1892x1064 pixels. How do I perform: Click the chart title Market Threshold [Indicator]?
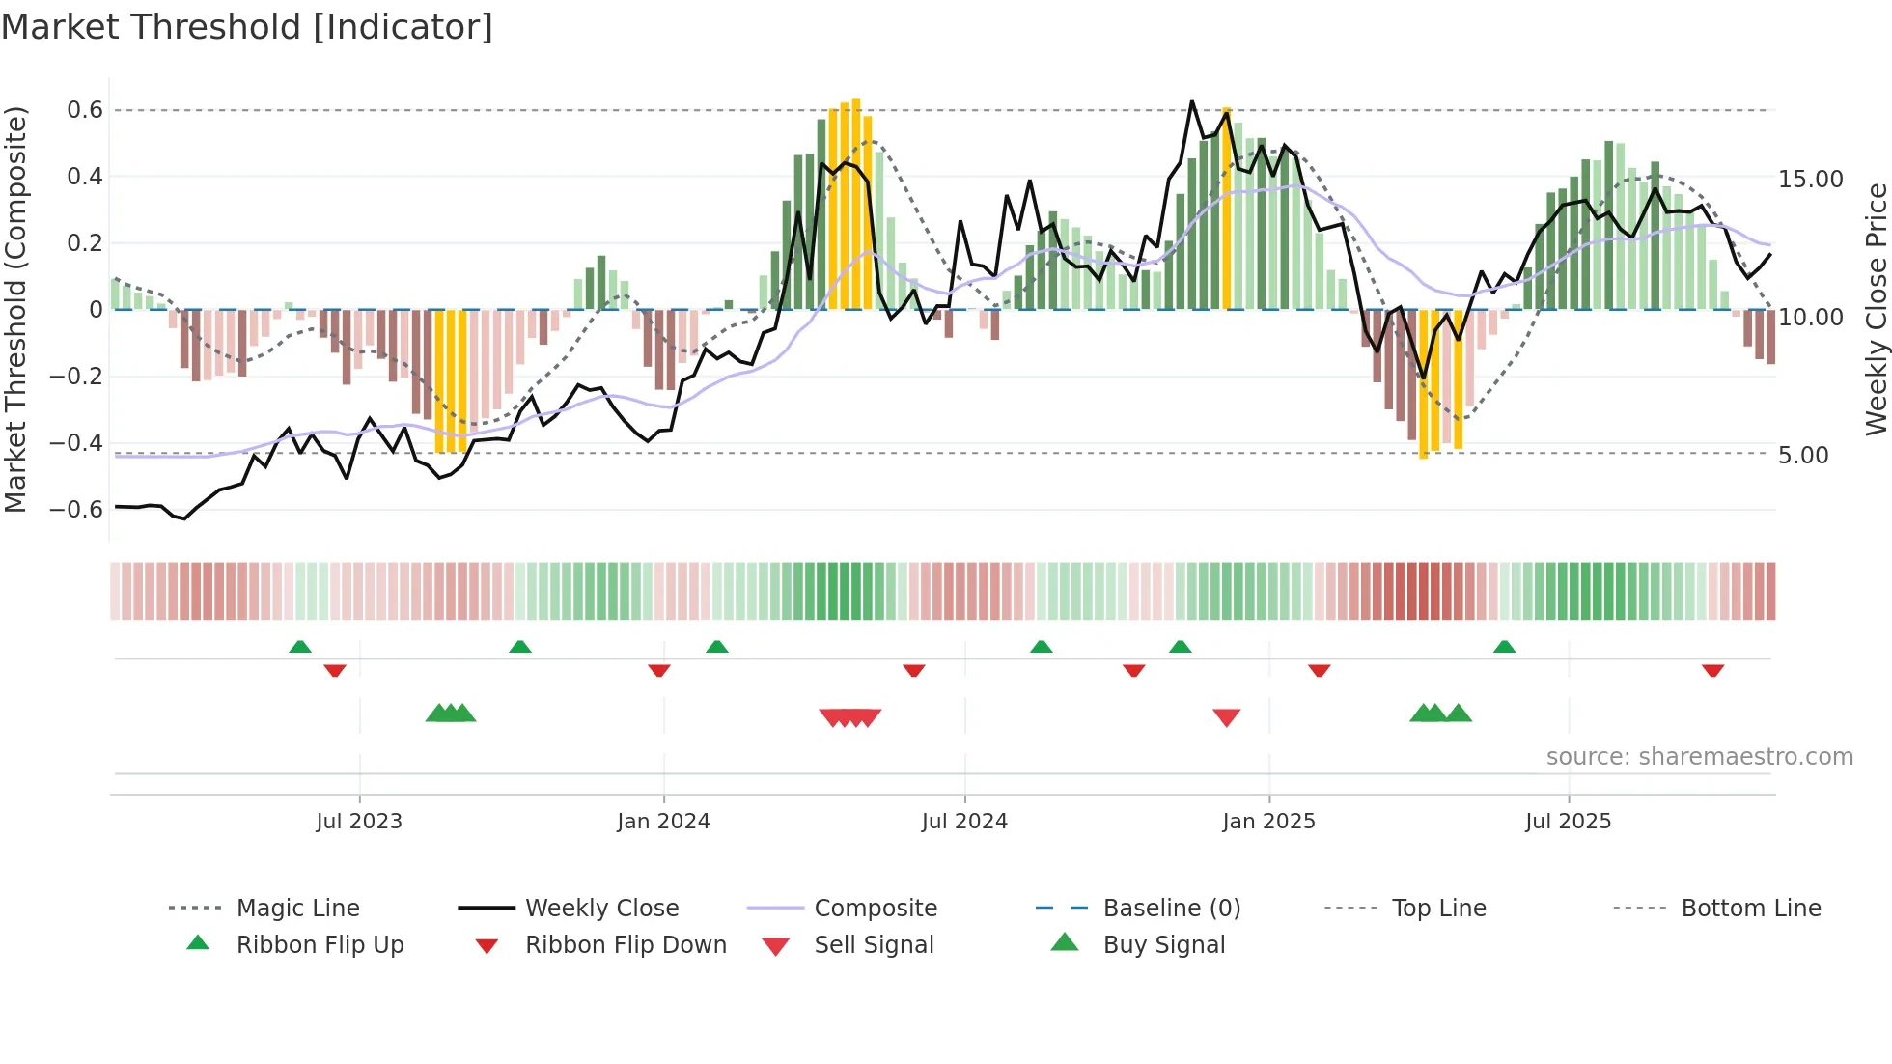coord(247,27)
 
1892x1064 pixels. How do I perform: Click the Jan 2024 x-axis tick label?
coord(663,822)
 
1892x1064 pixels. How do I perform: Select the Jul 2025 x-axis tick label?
coord(1568,822)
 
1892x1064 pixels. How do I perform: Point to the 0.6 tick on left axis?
coord(85,110)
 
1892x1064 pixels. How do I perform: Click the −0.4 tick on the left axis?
coord(76,443)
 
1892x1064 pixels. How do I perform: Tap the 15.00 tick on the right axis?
coord(1810,180)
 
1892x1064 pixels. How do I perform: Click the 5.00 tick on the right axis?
coord(1802,456)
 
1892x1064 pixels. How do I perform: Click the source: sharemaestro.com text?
coord(1699,757)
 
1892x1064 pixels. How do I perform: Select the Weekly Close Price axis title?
coord(1875,309)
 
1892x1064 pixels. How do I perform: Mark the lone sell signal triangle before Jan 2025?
coord(1226,717)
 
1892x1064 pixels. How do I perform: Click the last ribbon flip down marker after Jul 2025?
coord(1712,670)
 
